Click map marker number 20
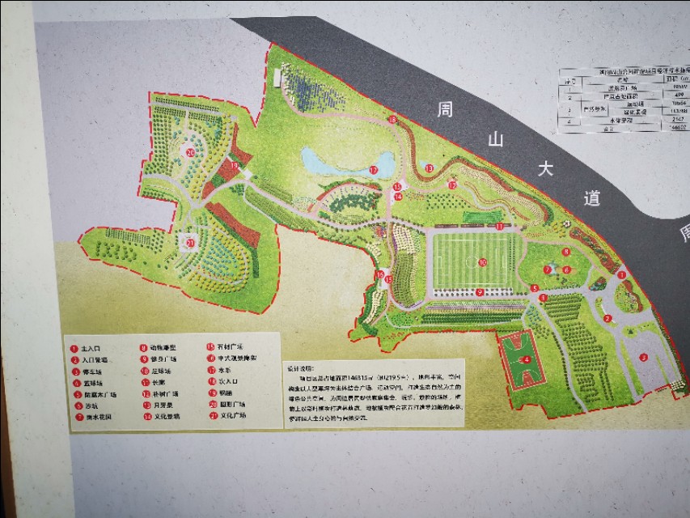pyautogui.click(x=190, y=151)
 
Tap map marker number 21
pyautogui.click(x=190, y=241)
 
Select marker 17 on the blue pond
pyautogui.click(x=374, y=170)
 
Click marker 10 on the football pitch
pyautogui.click(x=482, y=262)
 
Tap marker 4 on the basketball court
pyautogui.click(x=527, y=359)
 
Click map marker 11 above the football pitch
pyautogui.click(x=500, y=227)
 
